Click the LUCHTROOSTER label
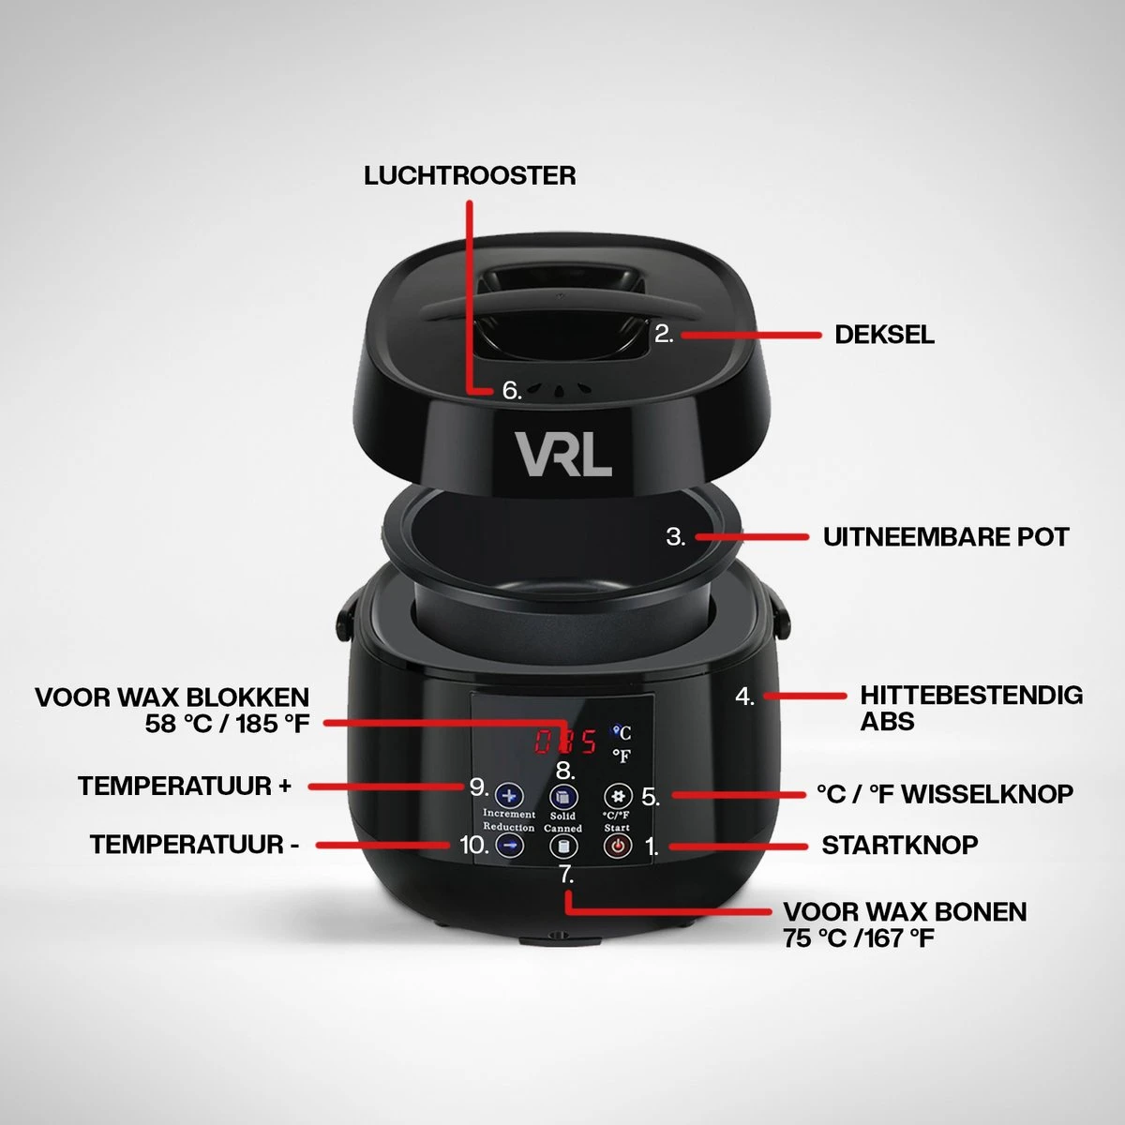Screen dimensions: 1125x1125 [470, 175]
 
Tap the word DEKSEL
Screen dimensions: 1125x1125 [884, 335]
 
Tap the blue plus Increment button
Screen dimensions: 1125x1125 [509, 797]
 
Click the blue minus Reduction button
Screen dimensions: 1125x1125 [509, 846]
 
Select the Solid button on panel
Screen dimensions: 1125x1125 [562, 798]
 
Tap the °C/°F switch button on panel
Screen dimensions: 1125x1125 [617, 797]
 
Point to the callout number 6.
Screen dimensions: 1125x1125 [511, 390]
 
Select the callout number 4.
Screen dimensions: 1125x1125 [744, 697]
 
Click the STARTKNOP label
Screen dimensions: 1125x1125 [899, 845]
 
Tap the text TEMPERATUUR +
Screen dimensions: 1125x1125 [185, 786]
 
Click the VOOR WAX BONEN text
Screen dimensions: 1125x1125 [905, 911]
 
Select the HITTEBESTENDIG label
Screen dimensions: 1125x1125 [971, 696]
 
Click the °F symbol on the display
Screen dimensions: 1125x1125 [622, 756]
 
